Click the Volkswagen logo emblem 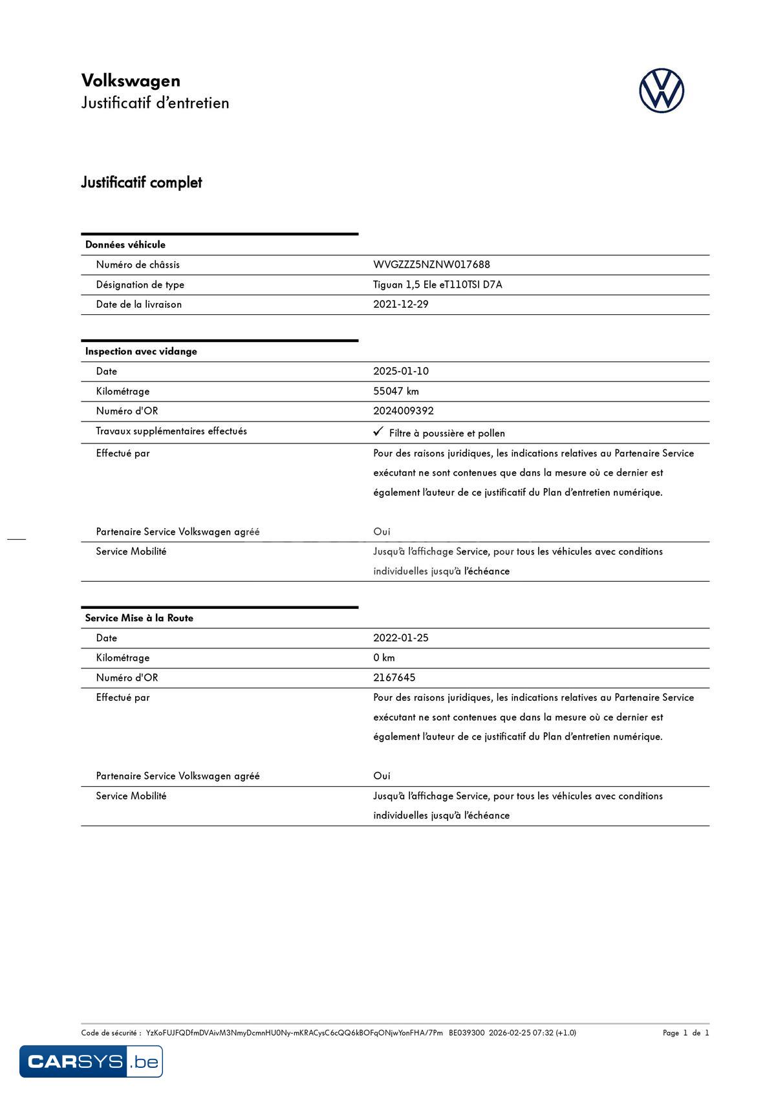point(662,91)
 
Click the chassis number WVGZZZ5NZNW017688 point(431,264)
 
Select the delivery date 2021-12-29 point(400,304)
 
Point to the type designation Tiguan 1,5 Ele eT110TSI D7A point(437,284)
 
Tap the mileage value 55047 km point(396,391)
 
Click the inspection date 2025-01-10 point(400,371)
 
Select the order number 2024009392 point(403,411)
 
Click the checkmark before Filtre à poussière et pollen point(378,432)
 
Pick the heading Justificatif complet point(141,182)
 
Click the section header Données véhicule point(125,244)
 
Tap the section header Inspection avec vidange point(141,352)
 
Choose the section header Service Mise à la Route point(139,618)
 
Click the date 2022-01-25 point(400,638)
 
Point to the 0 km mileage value point(383,658)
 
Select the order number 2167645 point(394,677)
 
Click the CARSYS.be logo point(91,1061)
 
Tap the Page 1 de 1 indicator point(685,1032)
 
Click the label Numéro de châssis point(138,264)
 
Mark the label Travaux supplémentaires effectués point(171,431)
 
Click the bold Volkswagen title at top point(131,81)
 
